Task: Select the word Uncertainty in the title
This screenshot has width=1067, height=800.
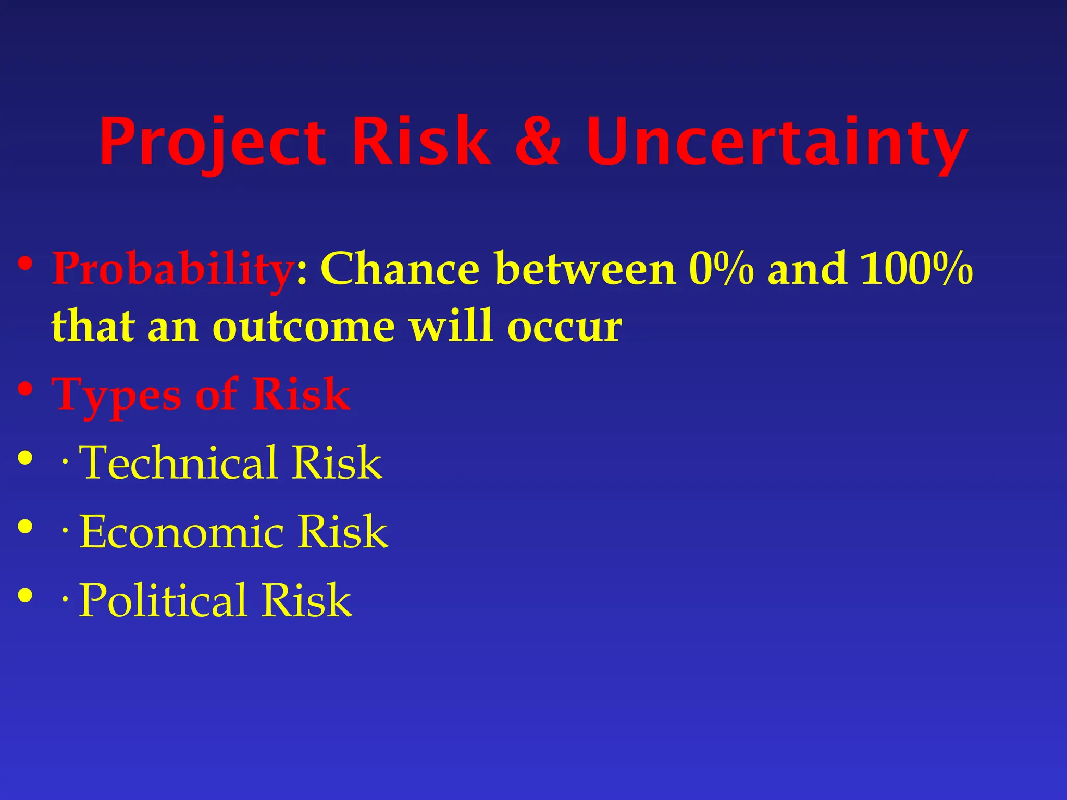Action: pos(776,142)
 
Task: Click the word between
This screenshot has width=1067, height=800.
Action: pos(586,269)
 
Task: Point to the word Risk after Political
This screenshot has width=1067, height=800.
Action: pos(306,601)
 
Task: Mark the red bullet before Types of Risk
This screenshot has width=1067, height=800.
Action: pos(25,389)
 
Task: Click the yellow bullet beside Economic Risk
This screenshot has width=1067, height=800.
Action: pos(25,526)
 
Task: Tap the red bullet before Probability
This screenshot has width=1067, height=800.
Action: pos(25,263)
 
